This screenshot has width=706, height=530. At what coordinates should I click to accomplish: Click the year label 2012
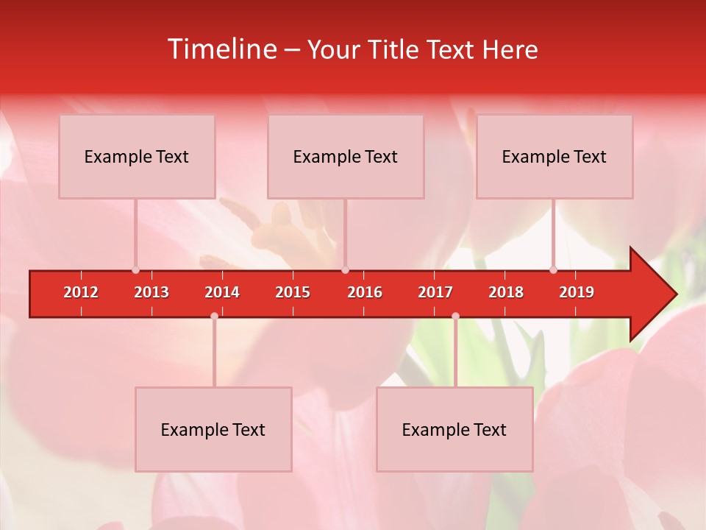coord(81,292)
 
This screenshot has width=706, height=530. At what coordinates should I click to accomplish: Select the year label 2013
coord(151,292)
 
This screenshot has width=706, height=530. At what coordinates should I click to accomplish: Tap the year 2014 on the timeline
coord(222,292)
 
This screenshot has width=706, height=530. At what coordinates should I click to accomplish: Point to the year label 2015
coord(293,292)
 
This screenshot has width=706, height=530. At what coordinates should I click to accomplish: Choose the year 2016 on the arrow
coord(365,292)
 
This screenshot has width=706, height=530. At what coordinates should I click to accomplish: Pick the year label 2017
coord(435,292)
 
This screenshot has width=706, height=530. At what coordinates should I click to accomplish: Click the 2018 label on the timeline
coord(506,292)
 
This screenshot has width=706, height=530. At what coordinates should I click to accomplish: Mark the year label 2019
coord(577,292)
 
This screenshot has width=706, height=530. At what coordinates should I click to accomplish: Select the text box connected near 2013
coord(137,156)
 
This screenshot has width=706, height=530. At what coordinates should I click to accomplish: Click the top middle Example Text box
coord(346,156)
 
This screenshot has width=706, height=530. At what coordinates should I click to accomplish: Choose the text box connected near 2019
coord(555,156)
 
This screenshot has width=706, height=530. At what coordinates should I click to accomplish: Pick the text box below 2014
coord(213,429)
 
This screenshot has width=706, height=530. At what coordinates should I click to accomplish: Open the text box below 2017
coord(454,429)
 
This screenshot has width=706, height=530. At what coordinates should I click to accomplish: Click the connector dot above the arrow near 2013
coord(135,269)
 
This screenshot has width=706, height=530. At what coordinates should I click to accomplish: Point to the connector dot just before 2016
coord(345,269)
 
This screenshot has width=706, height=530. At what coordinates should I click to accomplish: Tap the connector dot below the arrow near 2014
coord(214,317)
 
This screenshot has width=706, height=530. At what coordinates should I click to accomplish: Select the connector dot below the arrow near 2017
coord(455,317)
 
